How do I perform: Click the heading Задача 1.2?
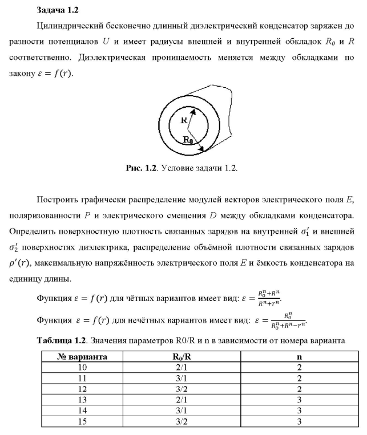tap(57, 10)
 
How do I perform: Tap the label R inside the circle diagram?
tap(184, 121)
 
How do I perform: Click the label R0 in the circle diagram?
tap(188, 140)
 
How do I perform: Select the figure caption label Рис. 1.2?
tap(140, 169)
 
